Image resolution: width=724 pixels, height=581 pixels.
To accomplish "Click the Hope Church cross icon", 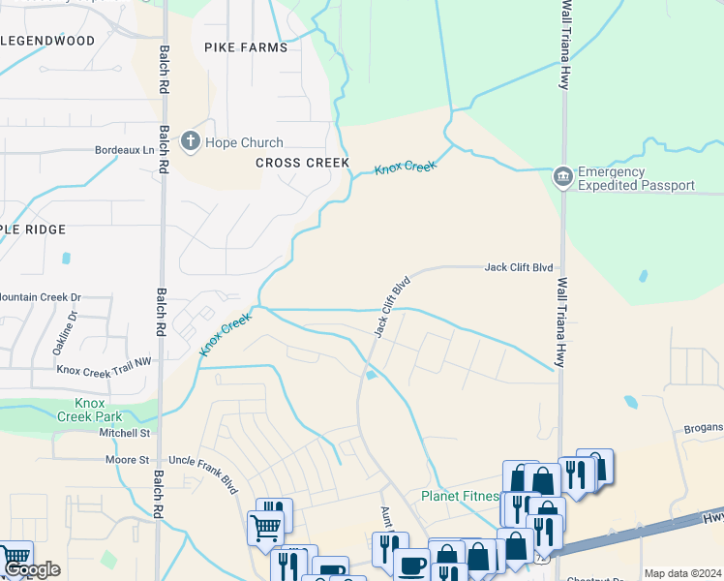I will coord(191,142).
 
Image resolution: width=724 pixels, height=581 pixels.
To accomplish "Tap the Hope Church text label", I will coord(236,142).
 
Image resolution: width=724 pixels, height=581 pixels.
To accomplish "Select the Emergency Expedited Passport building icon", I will coord(562,177).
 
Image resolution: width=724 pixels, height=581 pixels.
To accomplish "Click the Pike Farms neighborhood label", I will coord(246,46).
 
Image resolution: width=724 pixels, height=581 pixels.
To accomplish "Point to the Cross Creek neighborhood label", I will coord(302,163).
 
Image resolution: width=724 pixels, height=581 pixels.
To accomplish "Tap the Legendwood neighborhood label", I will coord(48,41).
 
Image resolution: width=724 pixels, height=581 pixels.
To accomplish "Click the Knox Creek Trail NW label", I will coord(105,369).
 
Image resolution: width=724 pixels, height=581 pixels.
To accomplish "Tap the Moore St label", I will coord(128,460).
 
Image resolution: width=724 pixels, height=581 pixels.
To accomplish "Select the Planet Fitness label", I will coord(459,497).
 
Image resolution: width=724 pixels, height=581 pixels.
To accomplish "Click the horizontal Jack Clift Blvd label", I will coord(519,267).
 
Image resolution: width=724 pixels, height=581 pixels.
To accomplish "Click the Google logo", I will coord(32,570).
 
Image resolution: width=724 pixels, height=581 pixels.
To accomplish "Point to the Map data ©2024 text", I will coord(681,573).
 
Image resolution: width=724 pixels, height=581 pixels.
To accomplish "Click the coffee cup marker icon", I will coord(412,565).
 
